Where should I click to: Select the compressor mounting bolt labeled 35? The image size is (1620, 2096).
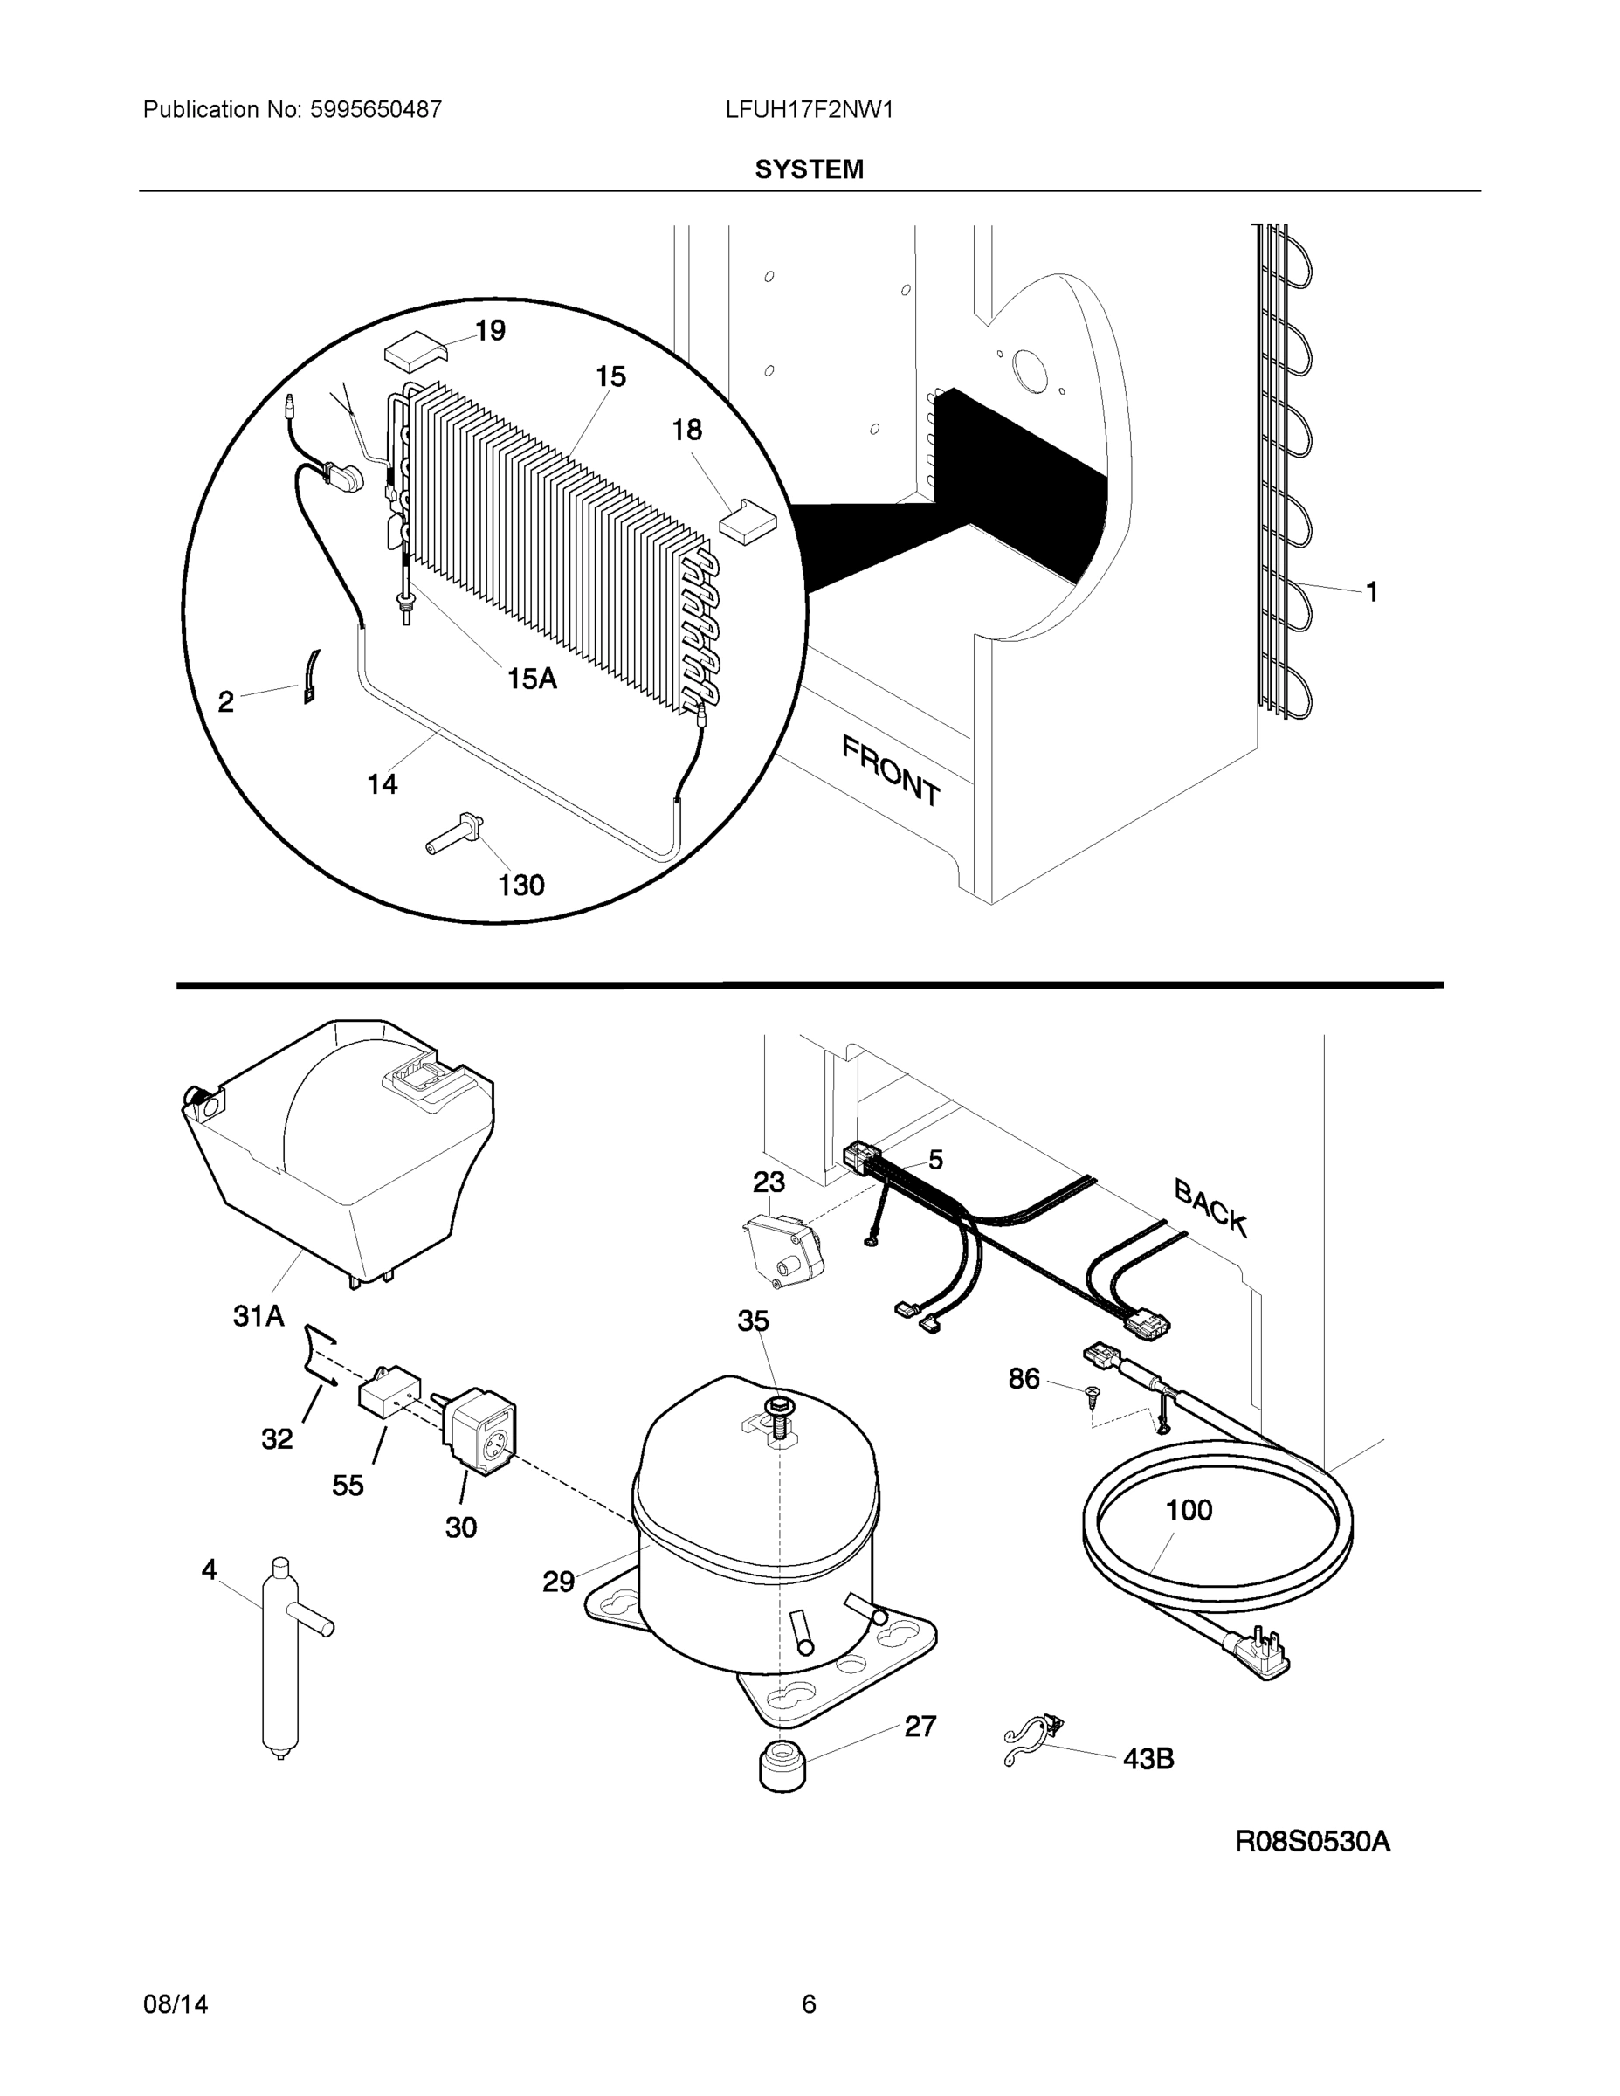(x=777, y=1409)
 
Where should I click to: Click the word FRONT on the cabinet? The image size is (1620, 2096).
(x=891, y=769)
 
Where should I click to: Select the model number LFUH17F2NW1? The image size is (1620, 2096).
(x=809, y=109)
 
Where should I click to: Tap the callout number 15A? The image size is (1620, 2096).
(x=532, y=679)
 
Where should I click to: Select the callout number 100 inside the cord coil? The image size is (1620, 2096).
(x=1188, y=1510)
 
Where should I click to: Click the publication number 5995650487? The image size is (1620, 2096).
(x=376, y=109)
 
